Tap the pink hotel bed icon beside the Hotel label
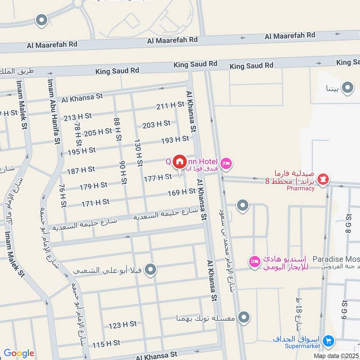(x=226, y=163)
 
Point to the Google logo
(x=18, y=353)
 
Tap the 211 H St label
(x=170, y=105)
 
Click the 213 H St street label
(x=77, y=117)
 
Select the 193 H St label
(x=175, y=139)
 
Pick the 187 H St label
(x=81, y=170)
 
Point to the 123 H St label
(x=122, y=324)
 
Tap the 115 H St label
(x=106, y=343)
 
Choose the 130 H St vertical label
(x=139, y=152)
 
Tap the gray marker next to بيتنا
(x=347, y=88)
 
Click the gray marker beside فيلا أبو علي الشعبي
(x=151, y=270)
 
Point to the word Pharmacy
(x=301, y=188)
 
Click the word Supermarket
(x=302, y=346)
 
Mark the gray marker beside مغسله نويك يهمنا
(x=244, y=317)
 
